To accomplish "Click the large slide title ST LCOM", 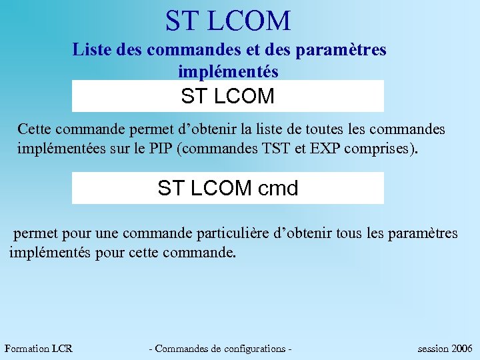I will click(x=228, y=21).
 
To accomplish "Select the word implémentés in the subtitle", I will click(x=228, y=70).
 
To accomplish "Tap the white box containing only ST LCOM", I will click(x=228, y=96).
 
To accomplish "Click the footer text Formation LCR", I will click(x=38, y=349).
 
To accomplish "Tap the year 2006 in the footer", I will click(x=462, y=349).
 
